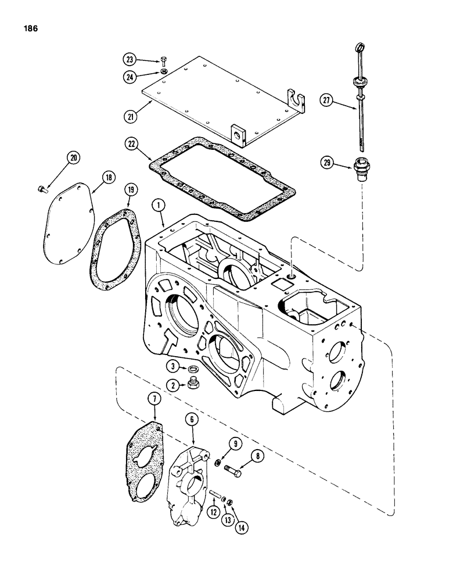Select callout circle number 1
[155, 205]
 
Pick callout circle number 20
[74, 157]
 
